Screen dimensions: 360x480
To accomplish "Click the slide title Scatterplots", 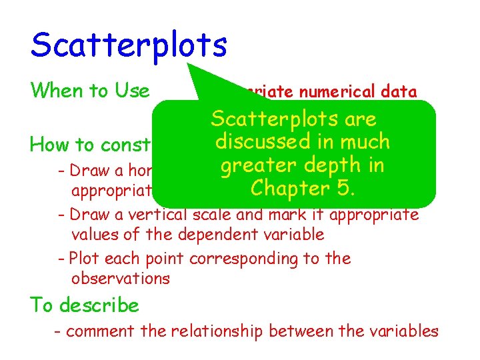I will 129,45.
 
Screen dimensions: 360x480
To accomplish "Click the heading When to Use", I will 90,90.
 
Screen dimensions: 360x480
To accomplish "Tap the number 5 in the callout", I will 346,188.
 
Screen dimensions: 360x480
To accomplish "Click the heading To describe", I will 85,305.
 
